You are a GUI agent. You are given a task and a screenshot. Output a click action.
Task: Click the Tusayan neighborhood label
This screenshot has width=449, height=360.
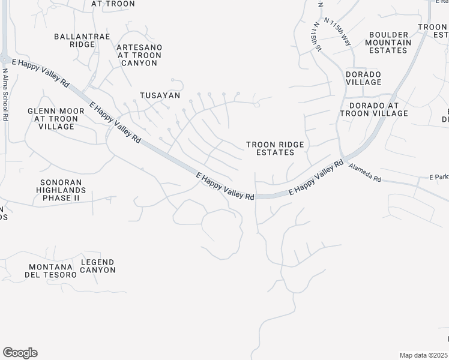tap(160, 95)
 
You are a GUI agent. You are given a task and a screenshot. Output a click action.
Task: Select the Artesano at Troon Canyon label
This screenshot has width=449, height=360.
tap(139, 55)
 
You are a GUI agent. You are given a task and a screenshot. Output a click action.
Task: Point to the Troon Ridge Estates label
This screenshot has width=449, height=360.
tap(275, 148)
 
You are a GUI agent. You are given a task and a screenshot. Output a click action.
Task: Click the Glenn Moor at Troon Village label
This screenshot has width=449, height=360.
tap(55, 119)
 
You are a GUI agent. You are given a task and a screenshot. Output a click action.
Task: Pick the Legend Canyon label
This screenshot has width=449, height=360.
tap(98, 266)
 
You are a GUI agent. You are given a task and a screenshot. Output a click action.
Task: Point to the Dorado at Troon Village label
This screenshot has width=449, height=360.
tap(374, 109)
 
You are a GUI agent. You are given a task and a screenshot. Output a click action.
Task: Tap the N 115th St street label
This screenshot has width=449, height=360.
tap(315, 38)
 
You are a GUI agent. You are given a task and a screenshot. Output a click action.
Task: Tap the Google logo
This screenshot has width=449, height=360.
tap(20, 353)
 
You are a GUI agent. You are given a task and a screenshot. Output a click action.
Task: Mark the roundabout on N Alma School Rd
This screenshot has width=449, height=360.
tap(4, 59)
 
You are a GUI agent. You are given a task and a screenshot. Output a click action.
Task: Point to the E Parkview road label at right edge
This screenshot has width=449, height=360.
tap(439, 177)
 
